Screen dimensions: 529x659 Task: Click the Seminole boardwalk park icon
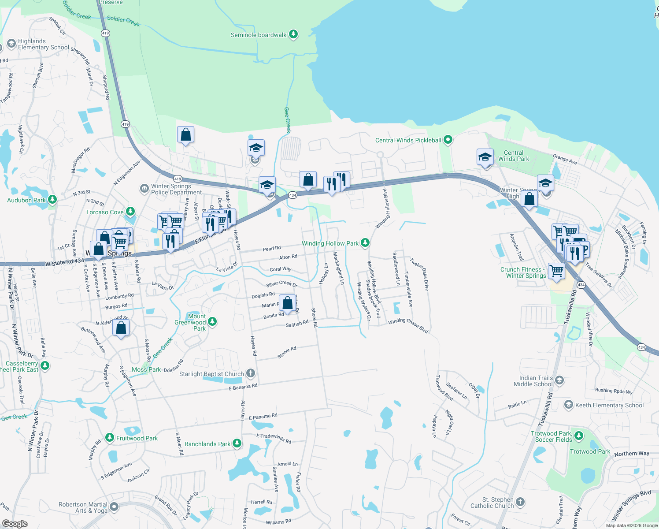pyautogui.click(x=293, y=34)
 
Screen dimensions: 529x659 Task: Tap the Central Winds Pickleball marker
pyautogui.click(x=448, y=140)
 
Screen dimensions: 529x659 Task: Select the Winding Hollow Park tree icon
pyautogui.click(x=365, y=243)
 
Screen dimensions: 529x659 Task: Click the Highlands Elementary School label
pyautogui.click(x=43, y=44)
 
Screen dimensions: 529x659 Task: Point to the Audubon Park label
pyautogui.click(x=26, y=200)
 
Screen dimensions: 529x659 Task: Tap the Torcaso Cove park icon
pyautogui.click(x=130, y=212)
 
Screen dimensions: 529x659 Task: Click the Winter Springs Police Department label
pyautogui.click(x=176, y=189)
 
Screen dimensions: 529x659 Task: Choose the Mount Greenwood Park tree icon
pyautogui.click(x=212, y=322)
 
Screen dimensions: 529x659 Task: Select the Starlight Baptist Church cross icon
pyautogui.click(x=250, y=374)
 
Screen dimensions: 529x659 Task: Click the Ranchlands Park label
pyautogui.click(x=207, y=444)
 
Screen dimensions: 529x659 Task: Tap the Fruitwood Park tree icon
pyautogui.click(x=109, y=438)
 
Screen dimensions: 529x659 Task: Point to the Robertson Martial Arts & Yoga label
pyautogui.click(x=83, y=507)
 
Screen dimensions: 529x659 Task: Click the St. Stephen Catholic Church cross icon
pyautogui.click(x=520, y=502)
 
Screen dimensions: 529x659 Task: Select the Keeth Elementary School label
pyautogui.click(x=609, y=405)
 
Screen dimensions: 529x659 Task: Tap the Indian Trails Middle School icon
pyautogui.click(x=559, y=380)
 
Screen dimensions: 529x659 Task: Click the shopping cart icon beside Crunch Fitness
pyautogui.click(x=557, y=271)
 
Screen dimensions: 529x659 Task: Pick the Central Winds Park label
pyautogui.click(x=514, y=156)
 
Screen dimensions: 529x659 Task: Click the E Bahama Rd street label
pyautogui.click(x=243, y=387)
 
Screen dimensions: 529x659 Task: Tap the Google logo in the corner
pyautogui.click(x=15, y=524)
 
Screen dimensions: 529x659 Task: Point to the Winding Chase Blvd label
pyautogui.click(x=408, y=325)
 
